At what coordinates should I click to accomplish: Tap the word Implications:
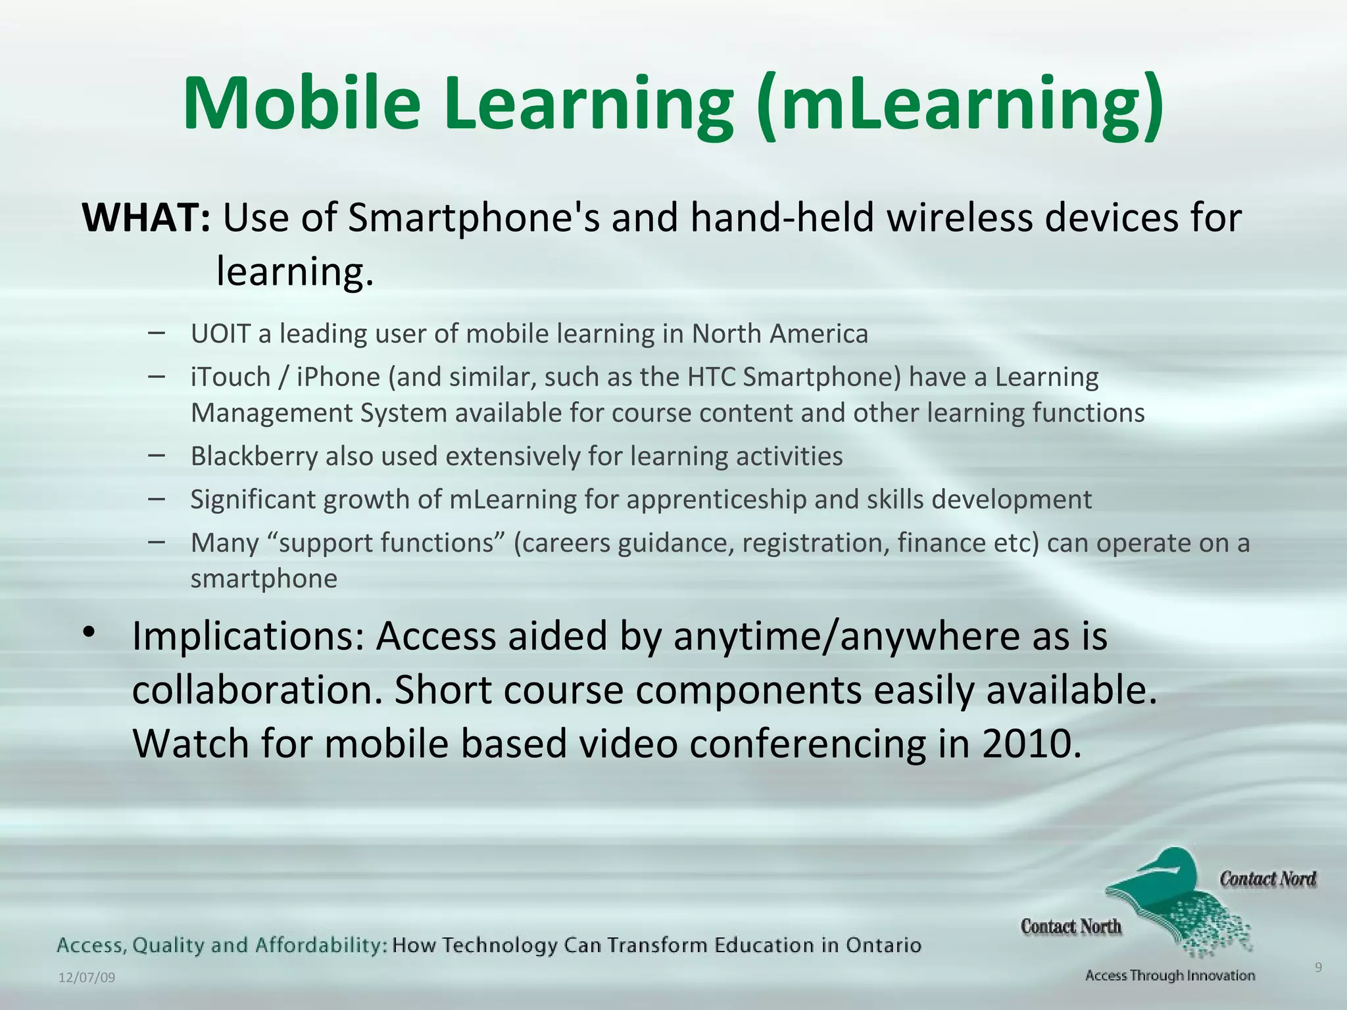coord(248,636)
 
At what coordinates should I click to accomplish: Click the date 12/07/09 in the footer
coord(87,978)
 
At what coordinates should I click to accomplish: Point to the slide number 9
coord(1318,967)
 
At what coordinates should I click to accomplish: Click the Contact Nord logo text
coord(1267,879)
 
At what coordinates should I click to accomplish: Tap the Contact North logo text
coord(1071,926)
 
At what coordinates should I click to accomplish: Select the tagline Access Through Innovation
coord(1170,976)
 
